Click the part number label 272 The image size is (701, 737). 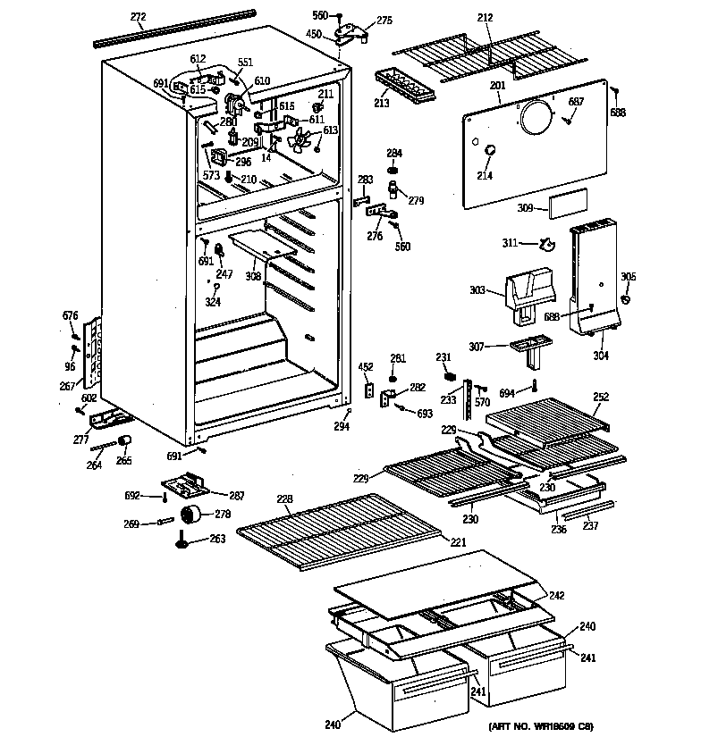point(138,16)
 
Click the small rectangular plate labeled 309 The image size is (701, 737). point(569,205)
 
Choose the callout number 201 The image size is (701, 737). point(498,86)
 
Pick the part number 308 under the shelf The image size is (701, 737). point(254,277)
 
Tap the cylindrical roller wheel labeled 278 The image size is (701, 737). point(192,515)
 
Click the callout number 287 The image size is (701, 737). point(237,495)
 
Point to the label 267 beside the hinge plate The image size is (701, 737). point(66,386)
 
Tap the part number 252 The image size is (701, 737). point(602,397)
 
